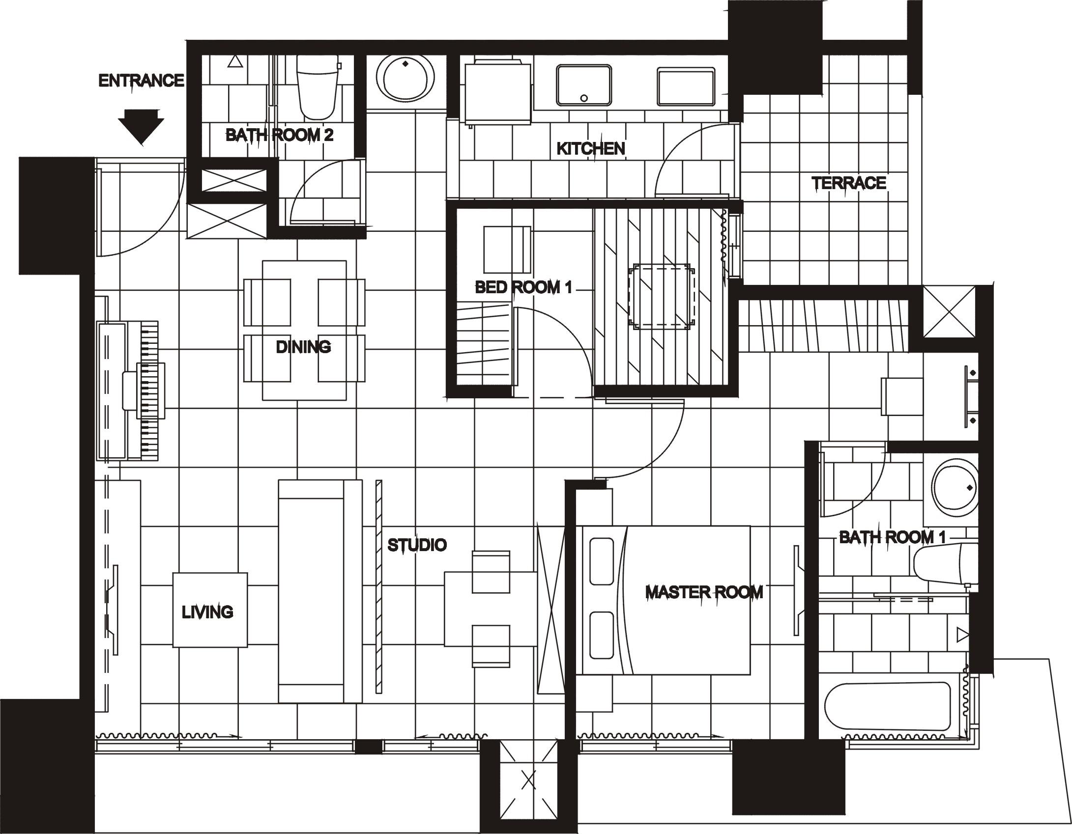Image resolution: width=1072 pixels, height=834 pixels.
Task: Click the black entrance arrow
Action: click(x=141, y=126)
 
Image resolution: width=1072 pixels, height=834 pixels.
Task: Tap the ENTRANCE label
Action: click(x=141, y=81)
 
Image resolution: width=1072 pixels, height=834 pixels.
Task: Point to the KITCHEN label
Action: click(x=590, y=148)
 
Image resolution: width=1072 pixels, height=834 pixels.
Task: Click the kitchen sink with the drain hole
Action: click(x=584, y=85)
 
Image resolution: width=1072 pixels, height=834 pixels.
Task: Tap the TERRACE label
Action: click(x=848, y=183)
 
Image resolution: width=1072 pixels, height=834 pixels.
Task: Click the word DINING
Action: click(x=303, y=347)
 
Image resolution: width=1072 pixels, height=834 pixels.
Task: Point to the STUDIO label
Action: click(x=417, y=545)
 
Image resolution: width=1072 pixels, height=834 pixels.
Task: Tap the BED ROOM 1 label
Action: click(x=523, y=287)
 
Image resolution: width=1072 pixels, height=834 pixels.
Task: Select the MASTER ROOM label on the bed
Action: click(x=704, y=592)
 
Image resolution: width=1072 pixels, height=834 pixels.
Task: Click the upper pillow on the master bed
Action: click(x=601, y=561)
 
